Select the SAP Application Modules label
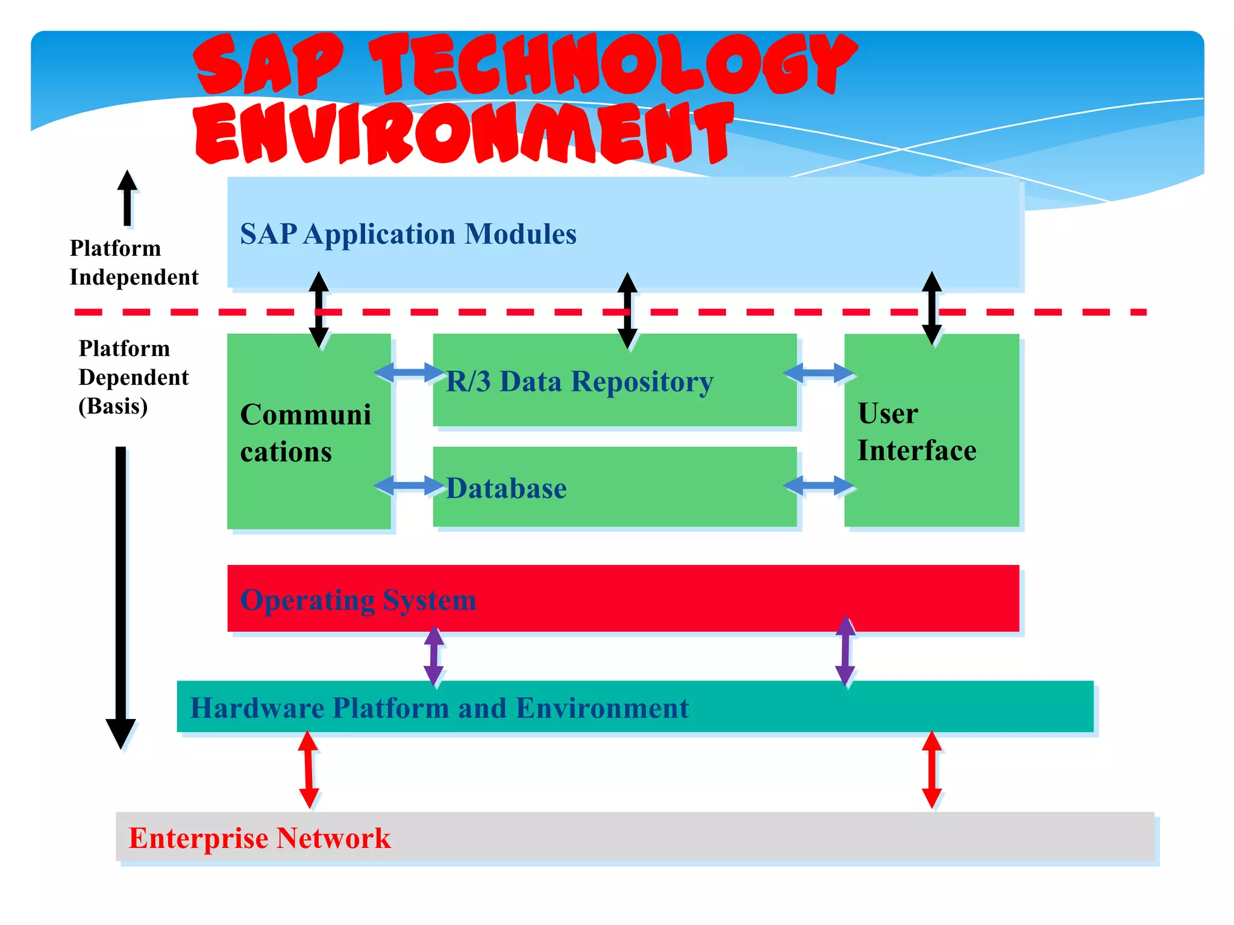(408, 234)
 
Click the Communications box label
(305, 432)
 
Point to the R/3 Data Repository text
(579, 382)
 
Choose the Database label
(506, 488)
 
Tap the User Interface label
(916, 432)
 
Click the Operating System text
(358, 600)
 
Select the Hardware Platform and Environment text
(439, 708)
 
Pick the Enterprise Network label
(260, 838)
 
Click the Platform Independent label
(134, 263)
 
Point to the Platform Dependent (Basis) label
(133, 377)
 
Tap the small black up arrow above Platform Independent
(127, 198)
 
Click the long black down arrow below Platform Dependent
(121, 596)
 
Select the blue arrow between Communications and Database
(409, 485)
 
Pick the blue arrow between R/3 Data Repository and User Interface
(819, 373)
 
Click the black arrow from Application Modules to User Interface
(932, 308)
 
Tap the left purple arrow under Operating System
(434, 656)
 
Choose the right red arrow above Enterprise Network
(932, 770)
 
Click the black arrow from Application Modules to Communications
(319, 309)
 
